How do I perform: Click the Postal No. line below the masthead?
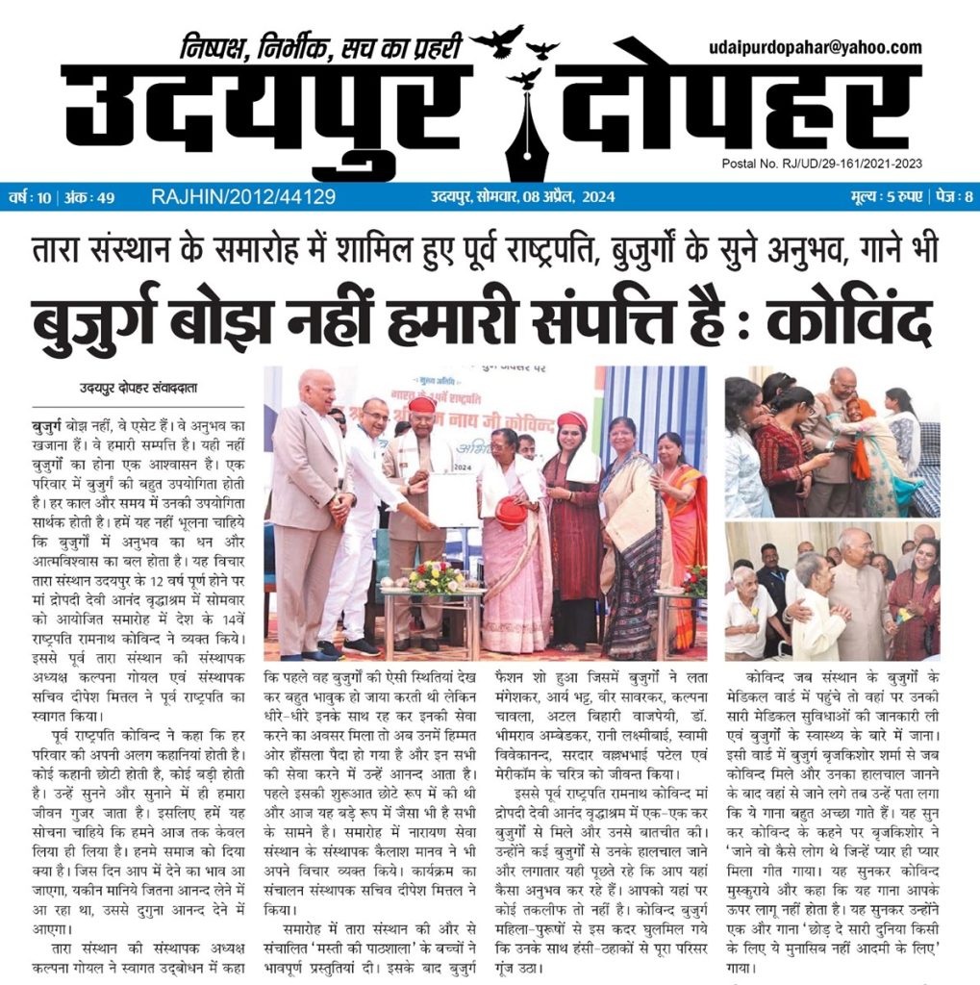(x=820, y=164)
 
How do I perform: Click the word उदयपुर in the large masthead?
(x=260, y=114)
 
